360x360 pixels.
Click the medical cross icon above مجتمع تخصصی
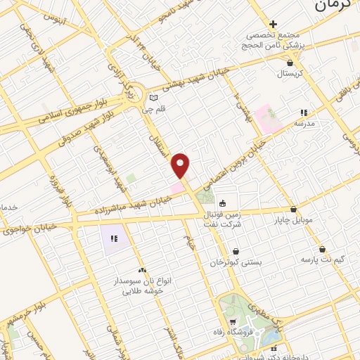(274, 25)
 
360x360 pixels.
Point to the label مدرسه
(303, 123)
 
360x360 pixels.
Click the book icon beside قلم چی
(153, 98)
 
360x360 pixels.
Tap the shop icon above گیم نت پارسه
(322, 249)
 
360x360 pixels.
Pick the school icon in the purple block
(114, 239)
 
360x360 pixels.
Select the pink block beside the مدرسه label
(268, 117)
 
